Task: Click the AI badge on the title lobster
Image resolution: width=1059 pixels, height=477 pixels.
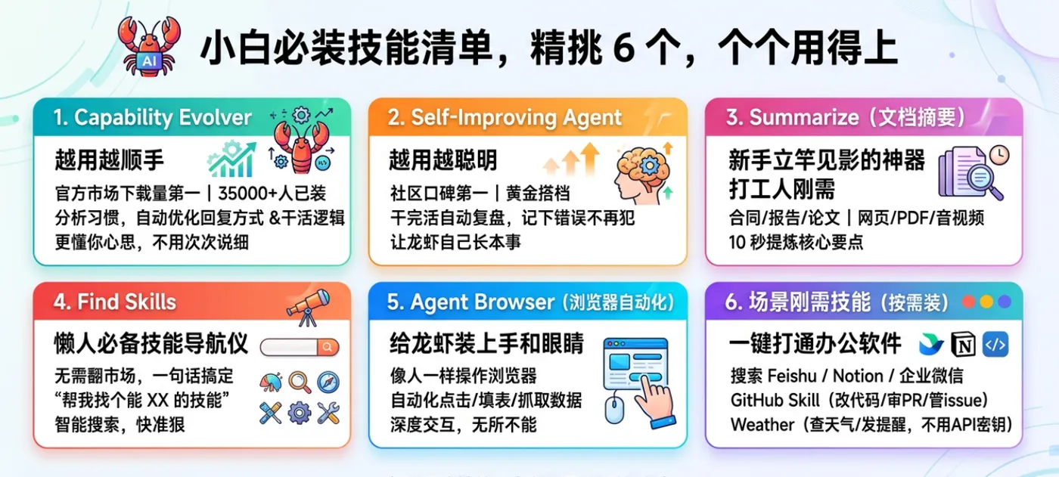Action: pyautogui.click(x=149, y=61)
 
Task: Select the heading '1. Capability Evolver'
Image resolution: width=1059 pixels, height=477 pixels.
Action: pyautogui.click(x=152, y=117)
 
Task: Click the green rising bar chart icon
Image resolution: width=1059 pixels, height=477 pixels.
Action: pyautogui.click(x=231, y=160)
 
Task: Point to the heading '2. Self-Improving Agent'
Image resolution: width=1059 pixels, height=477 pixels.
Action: pyautogui.click(x=505, y=117)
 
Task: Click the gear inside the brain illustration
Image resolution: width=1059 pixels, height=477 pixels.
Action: pyautogui.click(x=650, y=166)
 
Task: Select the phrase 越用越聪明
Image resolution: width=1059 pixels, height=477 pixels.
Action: pyautogui.click(x=443, y=160)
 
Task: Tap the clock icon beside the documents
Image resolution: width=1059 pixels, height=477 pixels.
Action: pyautogui.click(x=999, y=155)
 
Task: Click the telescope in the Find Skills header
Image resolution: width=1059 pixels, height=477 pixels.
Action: pyautogui.click(x=309, y=307)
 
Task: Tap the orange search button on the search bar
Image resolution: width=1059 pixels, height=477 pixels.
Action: pyautogui.click(x=328, y=347)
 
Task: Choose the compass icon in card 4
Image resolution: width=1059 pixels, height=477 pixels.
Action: pyautogui.click(x=328, y=382)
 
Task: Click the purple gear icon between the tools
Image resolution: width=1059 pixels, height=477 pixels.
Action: pyautogui.click(x=300, y=414)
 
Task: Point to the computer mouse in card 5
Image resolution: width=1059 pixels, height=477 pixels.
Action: pyautogui.click(x=614, y=410)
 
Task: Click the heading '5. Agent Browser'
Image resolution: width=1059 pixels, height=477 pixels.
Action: pyautogui.click(x=477, y=302)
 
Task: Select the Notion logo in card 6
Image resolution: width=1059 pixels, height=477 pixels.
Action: pyautogui.click(x=963, y=344)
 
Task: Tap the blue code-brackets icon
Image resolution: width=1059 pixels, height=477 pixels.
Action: pyautogui.click(x=995, y=344)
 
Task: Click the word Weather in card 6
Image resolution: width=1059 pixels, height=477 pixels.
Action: pyautogui.click(x=762, y=425)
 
